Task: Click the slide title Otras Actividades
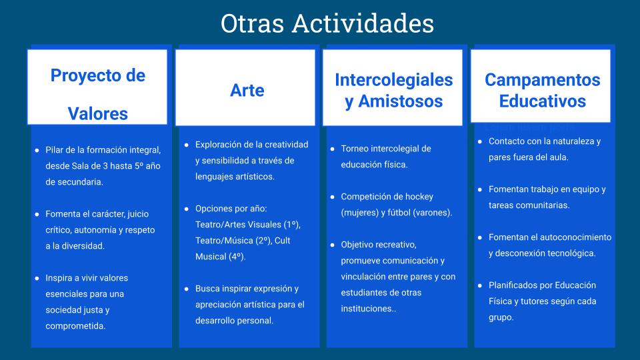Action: pos(327,23)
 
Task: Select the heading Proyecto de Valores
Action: pos(98,94)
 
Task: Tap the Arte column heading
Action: pos(247,90)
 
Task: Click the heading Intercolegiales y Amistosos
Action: pos(394,90)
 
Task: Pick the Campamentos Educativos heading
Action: pos(543,90)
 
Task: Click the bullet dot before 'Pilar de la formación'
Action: pos(37,150)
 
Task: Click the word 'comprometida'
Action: pos(75,326)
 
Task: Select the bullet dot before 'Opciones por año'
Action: pos(187,209)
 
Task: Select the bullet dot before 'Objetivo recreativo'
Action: pos(332,245)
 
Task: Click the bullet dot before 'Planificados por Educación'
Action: pos(480,285)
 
